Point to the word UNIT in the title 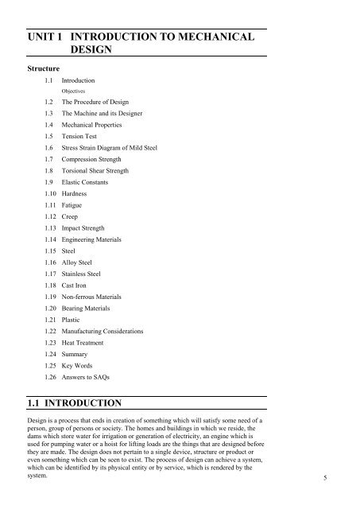(x=42, y=37)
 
